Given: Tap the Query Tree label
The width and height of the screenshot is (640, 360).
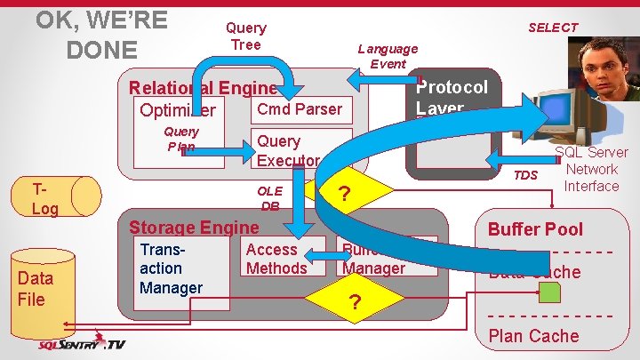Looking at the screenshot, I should (x=246, y=36).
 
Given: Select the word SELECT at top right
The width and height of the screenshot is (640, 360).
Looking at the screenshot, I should (x=553, y=28).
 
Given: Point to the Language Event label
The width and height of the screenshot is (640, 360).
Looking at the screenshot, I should (x=388, y=56).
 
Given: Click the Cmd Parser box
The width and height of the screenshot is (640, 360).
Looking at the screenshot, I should (x=299, y=109).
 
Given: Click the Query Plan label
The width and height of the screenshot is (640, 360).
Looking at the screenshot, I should (x=181, y=139).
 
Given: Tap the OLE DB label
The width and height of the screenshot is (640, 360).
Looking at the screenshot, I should (x=270, y=197).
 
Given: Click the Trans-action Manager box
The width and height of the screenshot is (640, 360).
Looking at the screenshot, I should (x=172, y=268).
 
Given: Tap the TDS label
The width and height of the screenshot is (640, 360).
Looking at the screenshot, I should (x=526, y=175).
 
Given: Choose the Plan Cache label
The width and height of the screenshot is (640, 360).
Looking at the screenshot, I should (x=533, y=336).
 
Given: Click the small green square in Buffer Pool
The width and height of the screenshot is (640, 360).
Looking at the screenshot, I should (x=551, y=292).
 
